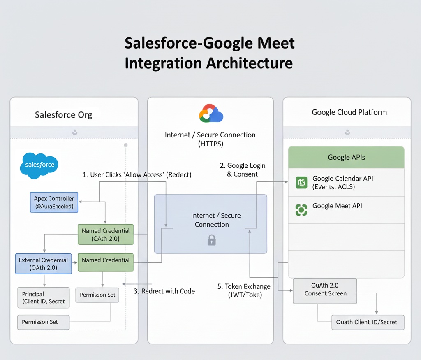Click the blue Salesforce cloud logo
pyautogui.click(x=39, y=165)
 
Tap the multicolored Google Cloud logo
pyautogui.click(x=210, y=114)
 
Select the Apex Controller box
pyautogui.click(x=54, y=202)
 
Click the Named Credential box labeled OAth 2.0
pyautogui.click(x=106, y=235)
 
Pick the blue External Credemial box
pyautogui.click(x=44, y=264)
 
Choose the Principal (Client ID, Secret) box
pyautogui.click(x=44, y=297)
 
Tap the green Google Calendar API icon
pyautogui.click(x=301, y=182)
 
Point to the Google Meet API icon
pyautogui.click(x=301, y=210)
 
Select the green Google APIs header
pyautogui.click(x=346, y=157)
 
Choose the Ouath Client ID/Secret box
pyautogui.click(x=368, y=322)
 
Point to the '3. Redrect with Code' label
pyautogui.click(x=164, y=291)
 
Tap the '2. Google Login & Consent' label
pyautogui.click(x=243, y=170)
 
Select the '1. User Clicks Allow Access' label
pyautogui.click(x=137, y=175)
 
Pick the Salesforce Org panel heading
pyautogui.click(x=63, y=115)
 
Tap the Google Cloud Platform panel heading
pyautogui.click(x=349, y=112)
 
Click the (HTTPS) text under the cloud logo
pyautogui.click(x=210, y=144)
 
